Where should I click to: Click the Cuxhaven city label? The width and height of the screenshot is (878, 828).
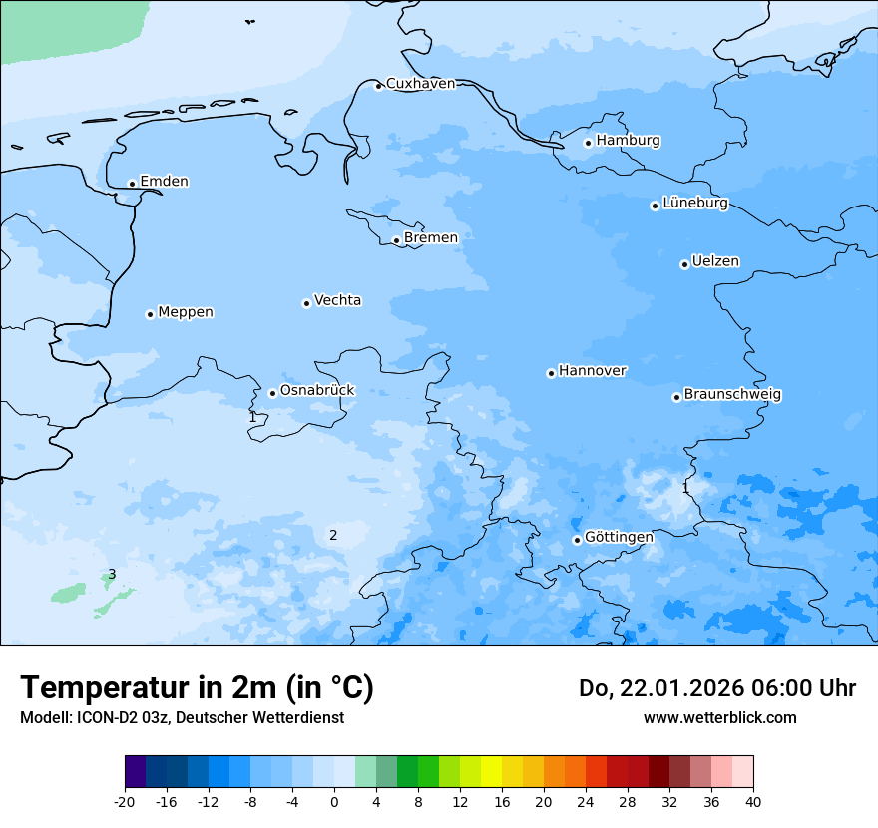coord(420,84)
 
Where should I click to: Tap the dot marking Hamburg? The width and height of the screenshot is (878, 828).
coord(588,143)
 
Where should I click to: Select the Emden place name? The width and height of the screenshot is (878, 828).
coord(164,182)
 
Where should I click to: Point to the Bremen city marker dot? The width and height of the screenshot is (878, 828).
coord(396,240)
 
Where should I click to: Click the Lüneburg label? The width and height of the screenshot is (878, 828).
coord(695,204)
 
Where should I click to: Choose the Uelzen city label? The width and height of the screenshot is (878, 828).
coord(715,262)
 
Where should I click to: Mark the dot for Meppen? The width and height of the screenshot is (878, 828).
coord(150,314)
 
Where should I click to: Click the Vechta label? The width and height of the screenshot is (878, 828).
coord(337,300)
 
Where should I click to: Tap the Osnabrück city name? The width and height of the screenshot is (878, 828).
coord(317,391)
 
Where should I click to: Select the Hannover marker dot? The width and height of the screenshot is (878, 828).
coord(551,373)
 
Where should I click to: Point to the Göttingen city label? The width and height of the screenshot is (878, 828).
coord(619,538)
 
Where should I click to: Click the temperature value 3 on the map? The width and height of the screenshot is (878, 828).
coord(112,574)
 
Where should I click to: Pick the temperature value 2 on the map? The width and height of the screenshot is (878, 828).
coord(333,535)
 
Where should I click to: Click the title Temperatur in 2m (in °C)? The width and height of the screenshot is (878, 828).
coord(197,687)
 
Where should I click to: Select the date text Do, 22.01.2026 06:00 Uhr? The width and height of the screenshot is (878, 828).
coord(717,688)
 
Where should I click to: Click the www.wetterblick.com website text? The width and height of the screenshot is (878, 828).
coord(719,717)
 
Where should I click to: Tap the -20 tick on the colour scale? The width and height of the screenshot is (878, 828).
coord(125,802)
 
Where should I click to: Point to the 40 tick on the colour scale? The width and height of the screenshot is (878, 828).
coord(753,802)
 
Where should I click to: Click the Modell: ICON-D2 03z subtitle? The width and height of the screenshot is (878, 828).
coord(182,717)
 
